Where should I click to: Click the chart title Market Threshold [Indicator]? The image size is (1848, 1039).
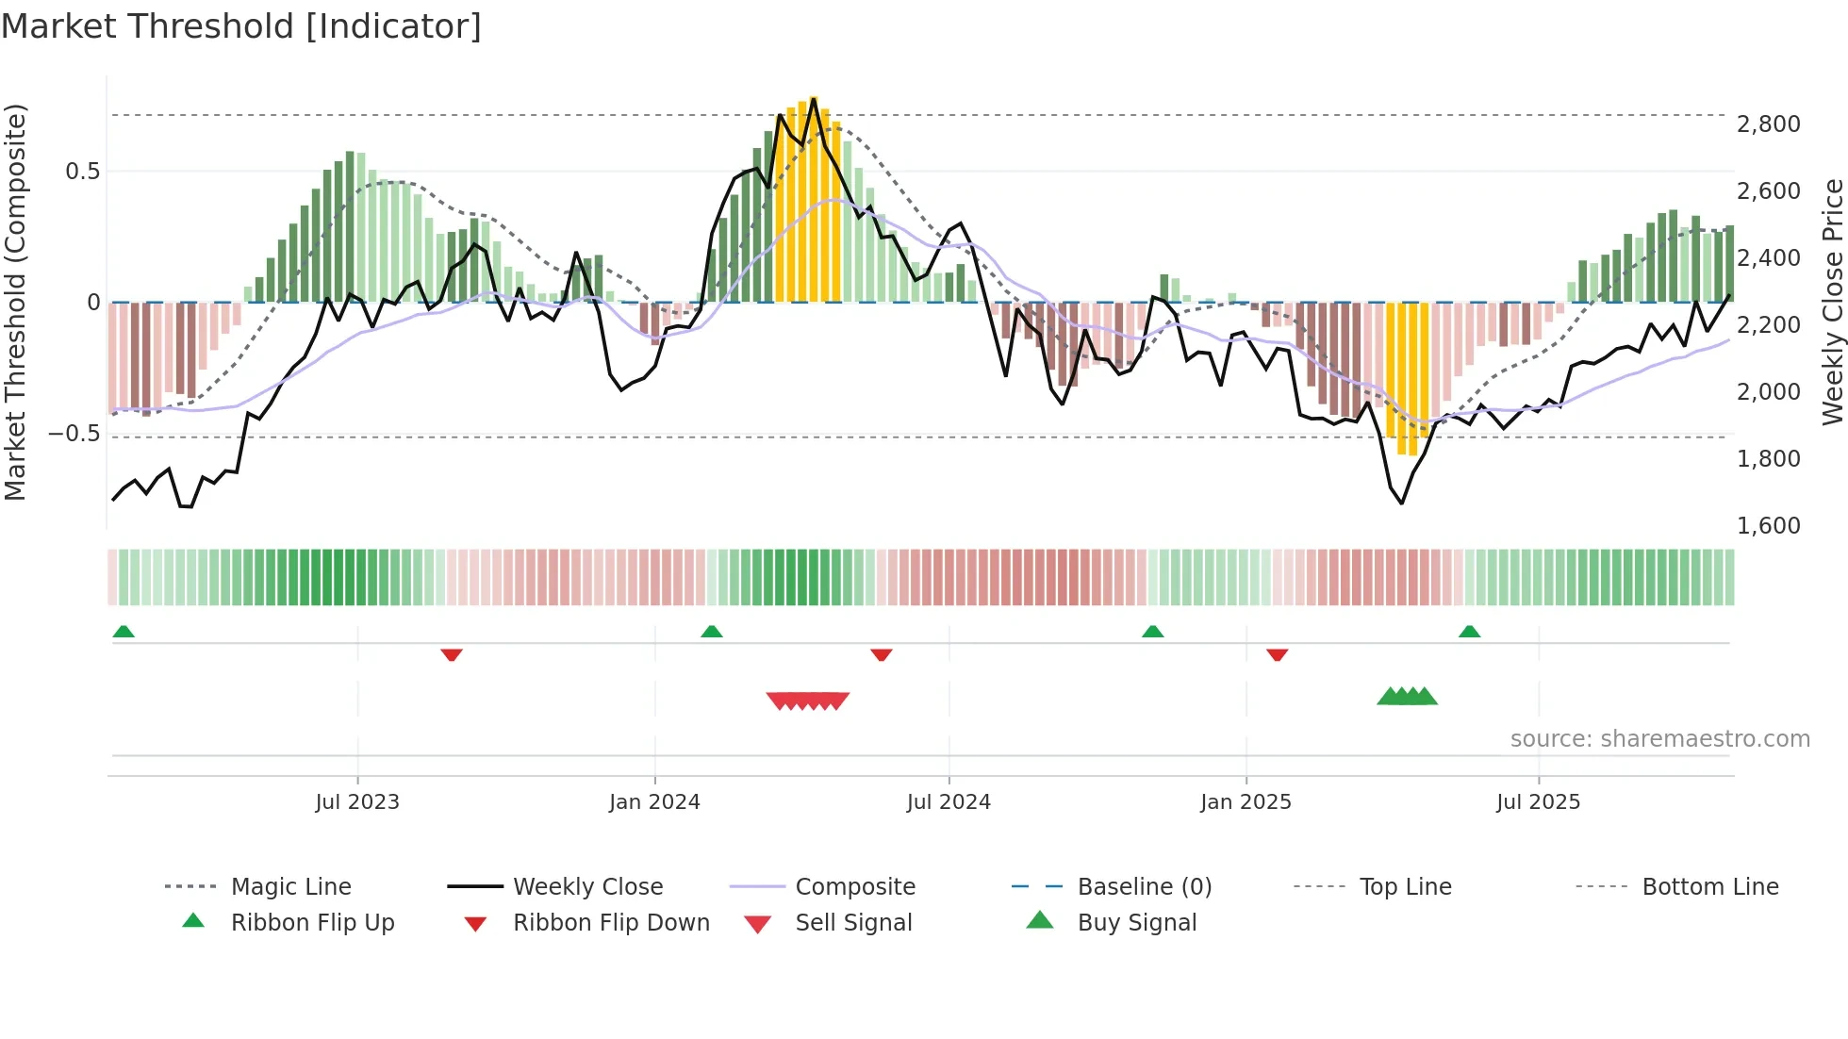tap(241, 26)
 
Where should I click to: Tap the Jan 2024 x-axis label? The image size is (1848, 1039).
tap(654, 801)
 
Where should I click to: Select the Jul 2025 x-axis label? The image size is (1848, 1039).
tap(1538, 801)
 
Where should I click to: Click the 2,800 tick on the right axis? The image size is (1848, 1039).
tap(1768, 124)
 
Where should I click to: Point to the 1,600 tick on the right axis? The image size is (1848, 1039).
tap(1768, 525)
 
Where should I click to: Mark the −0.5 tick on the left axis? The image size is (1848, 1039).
tap(74, 434)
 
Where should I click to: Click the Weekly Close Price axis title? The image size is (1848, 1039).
tap(1832, 302)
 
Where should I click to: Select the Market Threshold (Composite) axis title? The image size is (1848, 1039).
tap(15, 302)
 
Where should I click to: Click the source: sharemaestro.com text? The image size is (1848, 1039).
tap(1659, 738)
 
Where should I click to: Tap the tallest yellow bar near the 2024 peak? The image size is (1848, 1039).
tap(814, 198)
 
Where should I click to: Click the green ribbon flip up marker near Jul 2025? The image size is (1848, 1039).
tap(1469, 631)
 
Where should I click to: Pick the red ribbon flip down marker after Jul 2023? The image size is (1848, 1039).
tap(452, 654)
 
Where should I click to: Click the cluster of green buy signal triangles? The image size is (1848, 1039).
tap(1407, 697)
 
